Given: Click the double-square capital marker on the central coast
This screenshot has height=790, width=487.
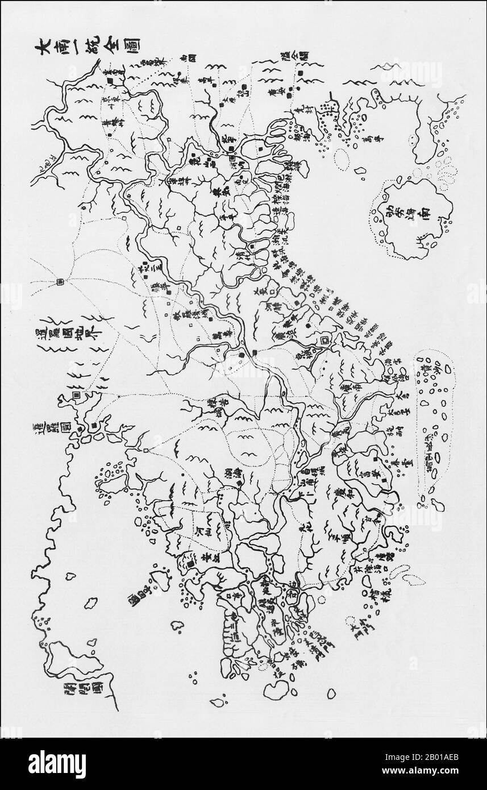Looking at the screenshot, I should [324, 341].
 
